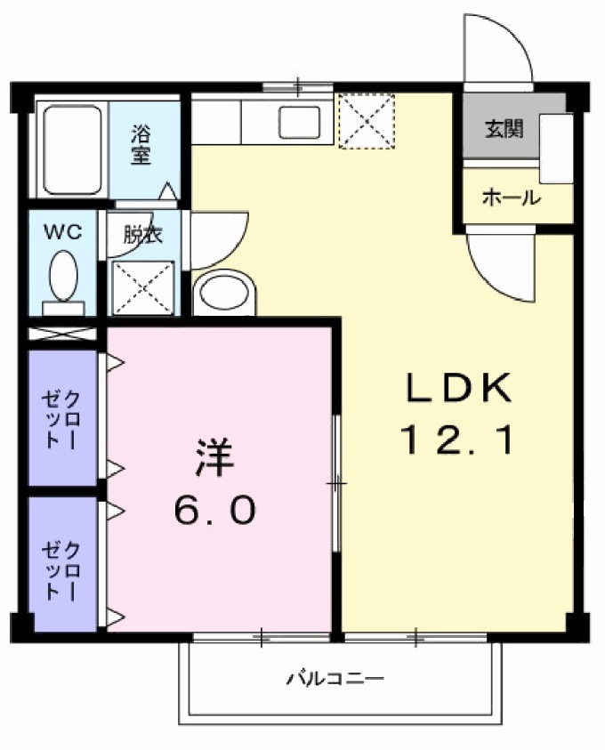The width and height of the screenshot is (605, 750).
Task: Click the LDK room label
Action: [x=459, y=389]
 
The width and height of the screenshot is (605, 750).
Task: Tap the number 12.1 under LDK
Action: [x=459, y=440]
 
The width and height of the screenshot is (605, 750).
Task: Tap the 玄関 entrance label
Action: [x=504, y=129]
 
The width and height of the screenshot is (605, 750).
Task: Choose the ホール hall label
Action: [x=511, y=198]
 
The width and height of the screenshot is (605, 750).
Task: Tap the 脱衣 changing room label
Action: [x=141, y=237]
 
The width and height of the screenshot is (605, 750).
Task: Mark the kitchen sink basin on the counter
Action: [x=298, y=120]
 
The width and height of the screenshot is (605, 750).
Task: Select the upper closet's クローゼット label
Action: [x=62, y=418]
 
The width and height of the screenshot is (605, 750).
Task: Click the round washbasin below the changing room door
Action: [x=223, y=294]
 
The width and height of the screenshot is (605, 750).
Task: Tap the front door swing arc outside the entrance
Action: [x=498, y=49]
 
